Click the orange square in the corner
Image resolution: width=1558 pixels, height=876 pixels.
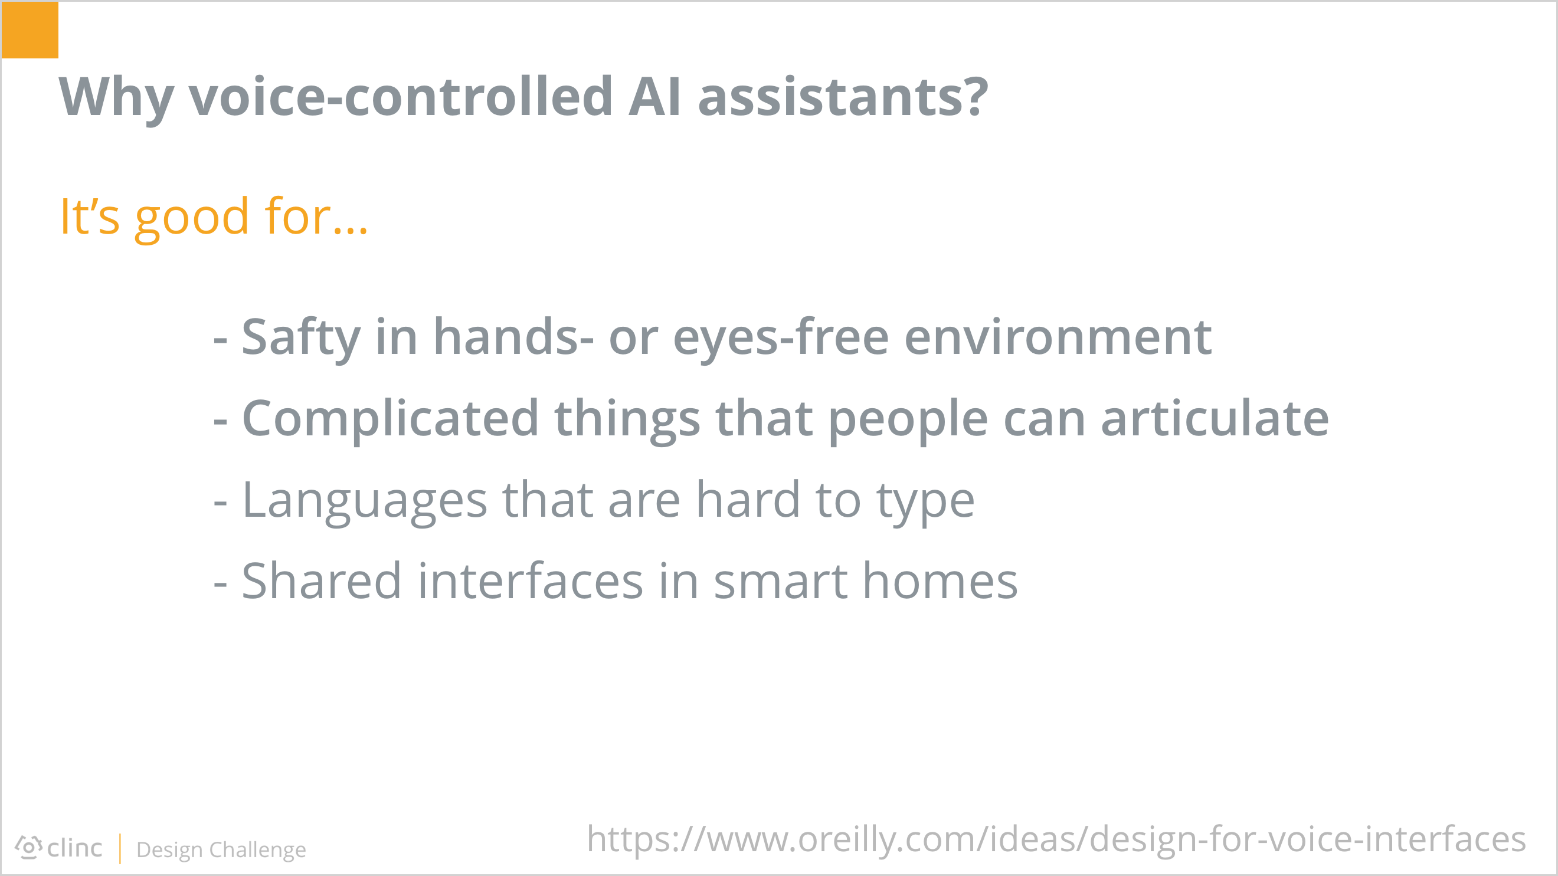pos(30,29)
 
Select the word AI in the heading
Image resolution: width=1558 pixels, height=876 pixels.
pos(655,97)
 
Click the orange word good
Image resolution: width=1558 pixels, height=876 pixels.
pos(192,219)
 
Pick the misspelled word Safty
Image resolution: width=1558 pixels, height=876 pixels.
pos(301,339)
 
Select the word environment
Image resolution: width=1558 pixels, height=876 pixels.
pos(1058,337)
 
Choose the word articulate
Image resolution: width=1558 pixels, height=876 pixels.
pos(1215,418)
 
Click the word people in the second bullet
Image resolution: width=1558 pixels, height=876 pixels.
pos(908,420)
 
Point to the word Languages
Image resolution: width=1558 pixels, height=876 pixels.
pos(365,502)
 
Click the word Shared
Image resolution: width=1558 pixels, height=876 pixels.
pos(321,581)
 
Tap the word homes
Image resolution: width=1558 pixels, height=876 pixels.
pos(940,581)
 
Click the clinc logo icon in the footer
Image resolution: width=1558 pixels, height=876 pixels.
pos(28,848)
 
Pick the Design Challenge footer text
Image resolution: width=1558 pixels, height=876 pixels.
pos(221,850)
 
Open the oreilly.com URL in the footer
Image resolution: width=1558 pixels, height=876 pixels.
pos(1056,840)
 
